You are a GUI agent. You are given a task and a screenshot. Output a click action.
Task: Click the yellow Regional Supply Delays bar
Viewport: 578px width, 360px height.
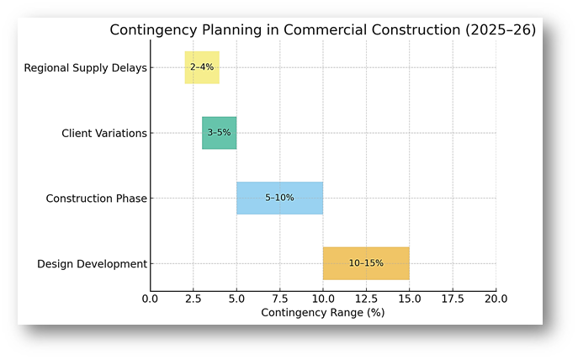202,67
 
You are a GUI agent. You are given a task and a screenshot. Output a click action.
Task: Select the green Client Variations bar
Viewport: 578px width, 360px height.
219,133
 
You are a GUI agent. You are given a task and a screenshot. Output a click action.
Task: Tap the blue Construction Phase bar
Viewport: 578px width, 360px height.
279,198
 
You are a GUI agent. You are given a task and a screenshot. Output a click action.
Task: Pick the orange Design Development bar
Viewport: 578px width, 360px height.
366,263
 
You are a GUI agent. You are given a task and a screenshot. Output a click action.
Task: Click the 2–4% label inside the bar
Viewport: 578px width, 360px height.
202,67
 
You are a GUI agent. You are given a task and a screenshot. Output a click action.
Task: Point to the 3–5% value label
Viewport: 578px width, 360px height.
219,133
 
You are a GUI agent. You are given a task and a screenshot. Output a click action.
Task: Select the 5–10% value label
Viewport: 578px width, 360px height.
279,198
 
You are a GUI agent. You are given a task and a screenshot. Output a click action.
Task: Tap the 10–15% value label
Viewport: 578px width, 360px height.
366,263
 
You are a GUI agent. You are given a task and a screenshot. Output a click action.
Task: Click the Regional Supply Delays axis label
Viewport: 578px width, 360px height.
85,67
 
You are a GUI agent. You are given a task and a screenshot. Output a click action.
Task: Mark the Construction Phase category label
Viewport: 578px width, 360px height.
96,199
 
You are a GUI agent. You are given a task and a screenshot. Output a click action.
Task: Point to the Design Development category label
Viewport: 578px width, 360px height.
92,264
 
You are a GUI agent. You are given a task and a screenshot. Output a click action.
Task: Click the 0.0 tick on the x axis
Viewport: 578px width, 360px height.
150,299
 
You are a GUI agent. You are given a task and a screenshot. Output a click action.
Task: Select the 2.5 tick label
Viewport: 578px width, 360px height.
193,299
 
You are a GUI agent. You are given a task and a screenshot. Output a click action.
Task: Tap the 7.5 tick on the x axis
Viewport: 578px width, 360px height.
279,299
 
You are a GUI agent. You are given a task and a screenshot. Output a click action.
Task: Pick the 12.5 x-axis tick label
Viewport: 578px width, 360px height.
366,299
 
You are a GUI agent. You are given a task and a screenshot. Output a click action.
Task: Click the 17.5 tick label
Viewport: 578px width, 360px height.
453,299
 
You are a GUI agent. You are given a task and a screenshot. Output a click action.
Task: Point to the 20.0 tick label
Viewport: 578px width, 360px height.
496,299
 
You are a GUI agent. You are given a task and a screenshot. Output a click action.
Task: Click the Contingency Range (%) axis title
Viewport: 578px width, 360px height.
322,313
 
